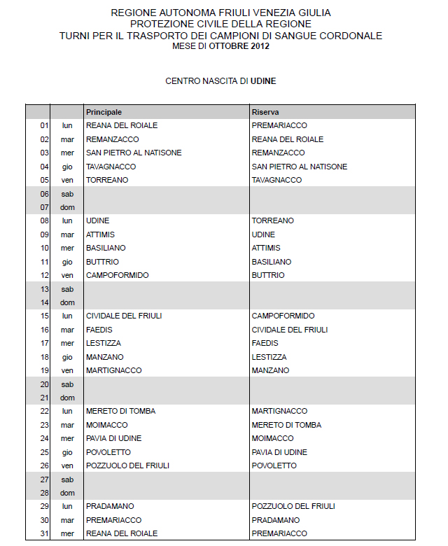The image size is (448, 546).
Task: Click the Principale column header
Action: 104,112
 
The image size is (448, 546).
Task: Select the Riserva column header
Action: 266,112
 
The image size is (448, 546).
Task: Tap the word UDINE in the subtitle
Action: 263,81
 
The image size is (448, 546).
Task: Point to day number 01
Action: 44,125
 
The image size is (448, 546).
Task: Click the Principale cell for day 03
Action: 134,153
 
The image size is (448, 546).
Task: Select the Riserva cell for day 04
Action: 299,167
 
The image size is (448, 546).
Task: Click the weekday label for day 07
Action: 67,207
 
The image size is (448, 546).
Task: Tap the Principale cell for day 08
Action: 97,220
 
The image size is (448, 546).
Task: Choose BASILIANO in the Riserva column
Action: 271,262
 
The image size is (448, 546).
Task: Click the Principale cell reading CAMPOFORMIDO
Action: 117,275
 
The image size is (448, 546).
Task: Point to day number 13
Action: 44,288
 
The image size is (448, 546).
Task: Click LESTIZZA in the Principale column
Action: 104,343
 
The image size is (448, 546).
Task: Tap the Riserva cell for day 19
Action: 270,370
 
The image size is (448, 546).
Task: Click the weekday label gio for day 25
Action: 67,452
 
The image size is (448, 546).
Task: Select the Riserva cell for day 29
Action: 293,506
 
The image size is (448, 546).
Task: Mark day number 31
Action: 44,533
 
